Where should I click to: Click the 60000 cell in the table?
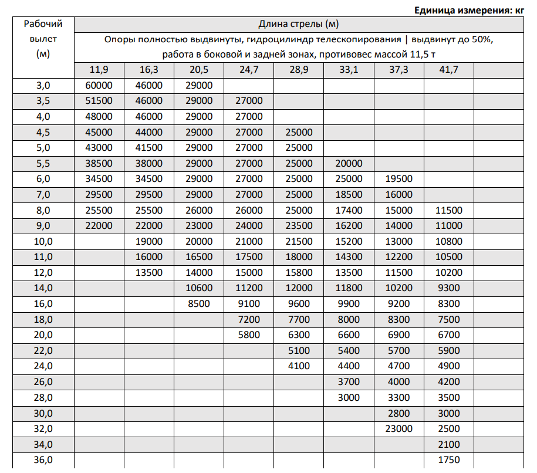pyautogui.click(x=99, y=86)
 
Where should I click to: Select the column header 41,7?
pyautogui.click(x=448, y=70)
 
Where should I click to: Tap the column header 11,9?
pyautogui.click(x=99, y=70)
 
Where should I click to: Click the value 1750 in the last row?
pyautogui.click(x=450, y=460)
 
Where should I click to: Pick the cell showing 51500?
pyautogui.click(x=99, y=101)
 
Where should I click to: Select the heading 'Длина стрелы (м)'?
pyautogui.click(x=299, y=24)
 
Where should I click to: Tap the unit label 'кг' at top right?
pyautogui.click(x=518, y=10)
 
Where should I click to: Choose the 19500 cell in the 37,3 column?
pyautogui.click(x=399, y=179)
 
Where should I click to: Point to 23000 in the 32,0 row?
pyautogui.click(x=399, y=428)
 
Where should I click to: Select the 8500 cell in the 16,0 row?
pyautogui.click(x=198, y=303)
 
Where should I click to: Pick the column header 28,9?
pyautogui.click(x=299, y=70)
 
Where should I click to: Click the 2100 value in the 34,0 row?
pyautogui.click(x=450, y=444)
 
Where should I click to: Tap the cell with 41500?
pyautogui.click(x=148, y=148)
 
